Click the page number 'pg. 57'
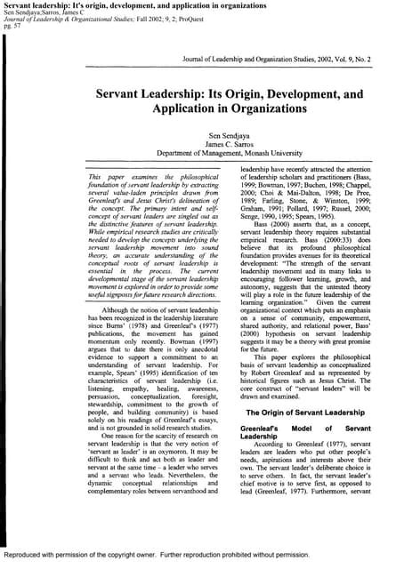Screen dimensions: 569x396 [12, 28]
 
